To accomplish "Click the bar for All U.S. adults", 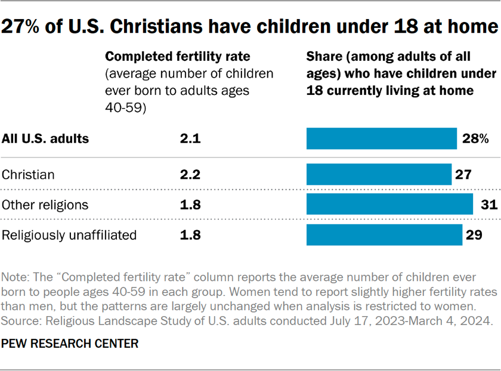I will click(x=382, y=139).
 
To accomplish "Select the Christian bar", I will click(x=379, y=175).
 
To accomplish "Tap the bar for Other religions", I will click(x=389, y=205).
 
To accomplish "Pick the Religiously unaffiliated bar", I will click(x=384, y=235).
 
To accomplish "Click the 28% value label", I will click(x=475, y=139).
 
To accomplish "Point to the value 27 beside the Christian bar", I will click(x=464, y=175).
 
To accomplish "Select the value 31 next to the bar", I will click(x=488, y=205).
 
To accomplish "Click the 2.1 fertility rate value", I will click(x=190, y=139).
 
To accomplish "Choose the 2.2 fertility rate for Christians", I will click(x=190, y=175).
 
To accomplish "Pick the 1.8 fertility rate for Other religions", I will click(x=190, y=205).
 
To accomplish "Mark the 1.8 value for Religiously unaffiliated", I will click(x=190, y=235).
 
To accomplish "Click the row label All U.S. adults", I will click(x=45, y=139).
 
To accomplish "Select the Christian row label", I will click(x=28, y=175).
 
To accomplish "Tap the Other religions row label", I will click(x=45, y=205).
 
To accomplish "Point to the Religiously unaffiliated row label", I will click(x=69, y=235).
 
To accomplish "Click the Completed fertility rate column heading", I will click(x=178, y=57).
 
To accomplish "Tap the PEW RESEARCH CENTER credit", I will click(x=70, y=344).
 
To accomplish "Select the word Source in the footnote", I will click(x=19, y=320).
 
